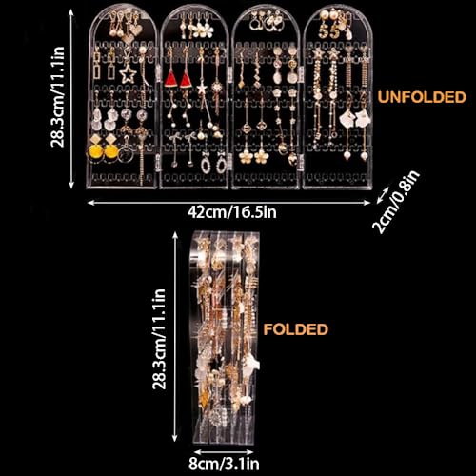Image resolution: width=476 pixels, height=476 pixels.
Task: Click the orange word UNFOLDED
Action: pos(422,97)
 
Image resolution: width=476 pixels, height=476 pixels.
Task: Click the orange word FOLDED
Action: pos(295,329)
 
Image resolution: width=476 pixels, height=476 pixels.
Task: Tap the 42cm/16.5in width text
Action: pos(232,212)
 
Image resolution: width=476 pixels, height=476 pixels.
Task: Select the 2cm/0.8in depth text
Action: pos(396,202)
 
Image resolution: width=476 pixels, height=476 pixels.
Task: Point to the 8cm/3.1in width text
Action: pos(224,464)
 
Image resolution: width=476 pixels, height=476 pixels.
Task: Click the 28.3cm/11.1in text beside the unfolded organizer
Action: pos(58,97)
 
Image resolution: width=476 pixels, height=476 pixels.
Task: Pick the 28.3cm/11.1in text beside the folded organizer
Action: pos(159,339)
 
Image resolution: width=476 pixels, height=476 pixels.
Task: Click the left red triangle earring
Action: pos(170,80)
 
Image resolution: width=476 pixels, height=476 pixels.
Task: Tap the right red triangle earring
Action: pos(186,80)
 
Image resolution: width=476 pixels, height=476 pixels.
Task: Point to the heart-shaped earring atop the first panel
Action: pos(136,30)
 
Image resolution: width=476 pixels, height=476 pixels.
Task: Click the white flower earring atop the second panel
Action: pos(200,31)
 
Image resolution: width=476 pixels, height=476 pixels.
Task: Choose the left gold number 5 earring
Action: pos(324,31)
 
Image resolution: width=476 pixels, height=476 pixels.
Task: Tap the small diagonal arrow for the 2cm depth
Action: pos(383,195)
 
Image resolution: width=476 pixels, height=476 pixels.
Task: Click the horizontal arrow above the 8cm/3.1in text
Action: pos(224,451)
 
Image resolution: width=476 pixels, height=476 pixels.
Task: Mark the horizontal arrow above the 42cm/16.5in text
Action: pos(228,202)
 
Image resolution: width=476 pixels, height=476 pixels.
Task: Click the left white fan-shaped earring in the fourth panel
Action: pos(347,118)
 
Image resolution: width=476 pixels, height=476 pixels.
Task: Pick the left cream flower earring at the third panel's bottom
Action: pos(246,156)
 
